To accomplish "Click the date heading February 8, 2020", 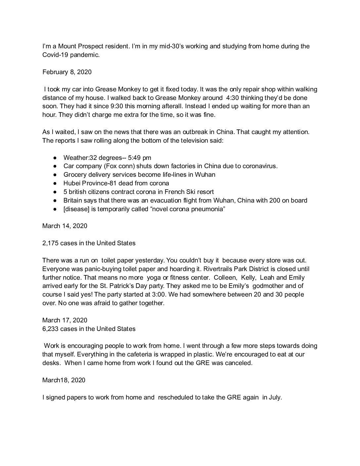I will [67, 72].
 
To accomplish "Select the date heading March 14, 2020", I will [65, 226].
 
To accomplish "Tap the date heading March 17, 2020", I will [65, 320].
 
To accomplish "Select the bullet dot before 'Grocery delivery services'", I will [56, 174].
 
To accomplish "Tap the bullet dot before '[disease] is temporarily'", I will [56, 209].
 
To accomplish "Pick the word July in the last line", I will [275, 397].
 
